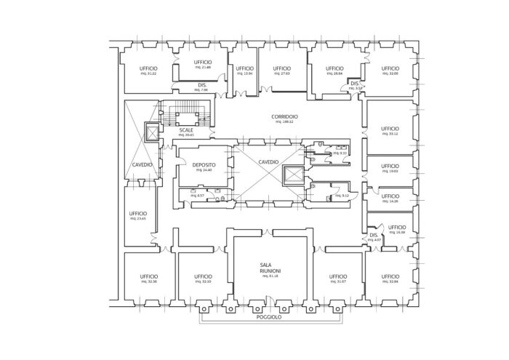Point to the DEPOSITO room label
point(204,165)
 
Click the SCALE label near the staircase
point(186,130)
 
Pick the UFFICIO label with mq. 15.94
point(244,68)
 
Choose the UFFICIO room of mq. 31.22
point(148,68)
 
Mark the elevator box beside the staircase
point(151,133)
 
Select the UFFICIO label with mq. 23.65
point(138,213)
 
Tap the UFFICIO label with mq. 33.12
point(390,129)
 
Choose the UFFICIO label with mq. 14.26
point(390,196)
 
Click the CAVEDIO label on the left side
point(142,164)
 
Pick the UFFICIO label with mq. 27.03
point(282,68)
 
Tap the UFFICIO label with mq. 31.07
point(337,276)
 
